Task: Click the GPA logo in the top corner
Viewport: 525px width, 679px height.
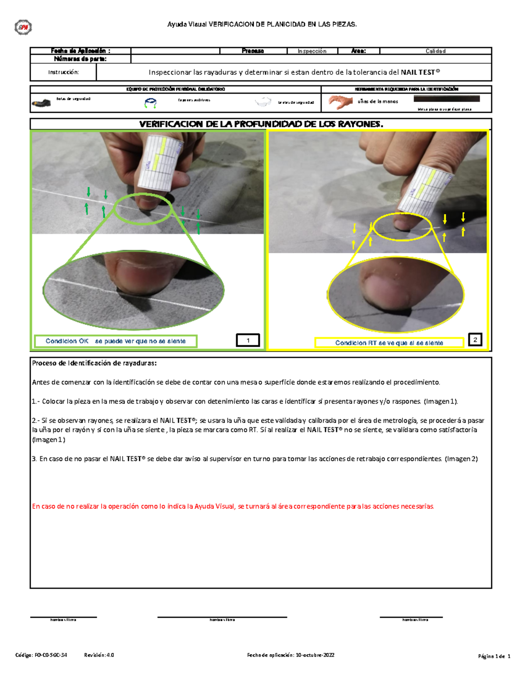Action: (23, 28)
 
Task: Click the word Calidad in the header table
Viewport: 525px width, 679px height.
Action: (435, 51)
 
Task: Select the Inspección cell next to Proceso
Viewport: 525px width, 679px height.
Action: (312, 51)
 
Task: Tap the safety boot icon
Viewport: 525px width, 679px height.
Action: (41, 103)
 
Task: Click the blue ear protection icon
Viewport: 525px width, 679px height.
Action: (150, 103)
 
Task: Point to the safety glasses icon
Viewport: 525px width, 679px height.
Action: (263, 103)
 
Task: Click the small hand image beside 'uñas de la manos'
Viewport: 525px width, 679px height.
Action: (341, 102)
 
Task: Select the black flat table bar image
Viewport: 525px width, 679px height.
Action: (446, 99)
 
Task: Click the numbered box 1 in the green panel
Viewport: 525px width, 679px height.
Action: (248, 340)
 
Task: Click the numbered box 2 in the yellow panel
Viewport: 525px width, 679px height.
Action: (475, 340)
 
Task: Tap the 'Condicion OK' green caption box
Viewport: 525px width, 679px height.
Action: (115, 341)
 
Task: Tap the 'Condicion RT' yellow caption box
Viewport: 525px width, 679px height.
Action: (389, 343)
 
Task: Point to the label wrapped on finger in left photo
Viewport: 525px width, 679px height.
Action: (160, 160)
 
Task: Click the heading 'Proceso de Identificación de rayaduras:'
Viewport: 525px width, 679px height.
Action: (94, 363)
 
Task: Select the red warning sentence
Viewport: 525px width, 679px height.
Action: (233, 506)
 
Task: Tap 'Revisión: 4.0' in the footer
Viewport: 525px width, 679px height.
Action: (99, 655)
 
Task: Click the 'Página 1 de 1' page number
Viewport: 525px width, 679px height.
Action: (494, 656)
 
